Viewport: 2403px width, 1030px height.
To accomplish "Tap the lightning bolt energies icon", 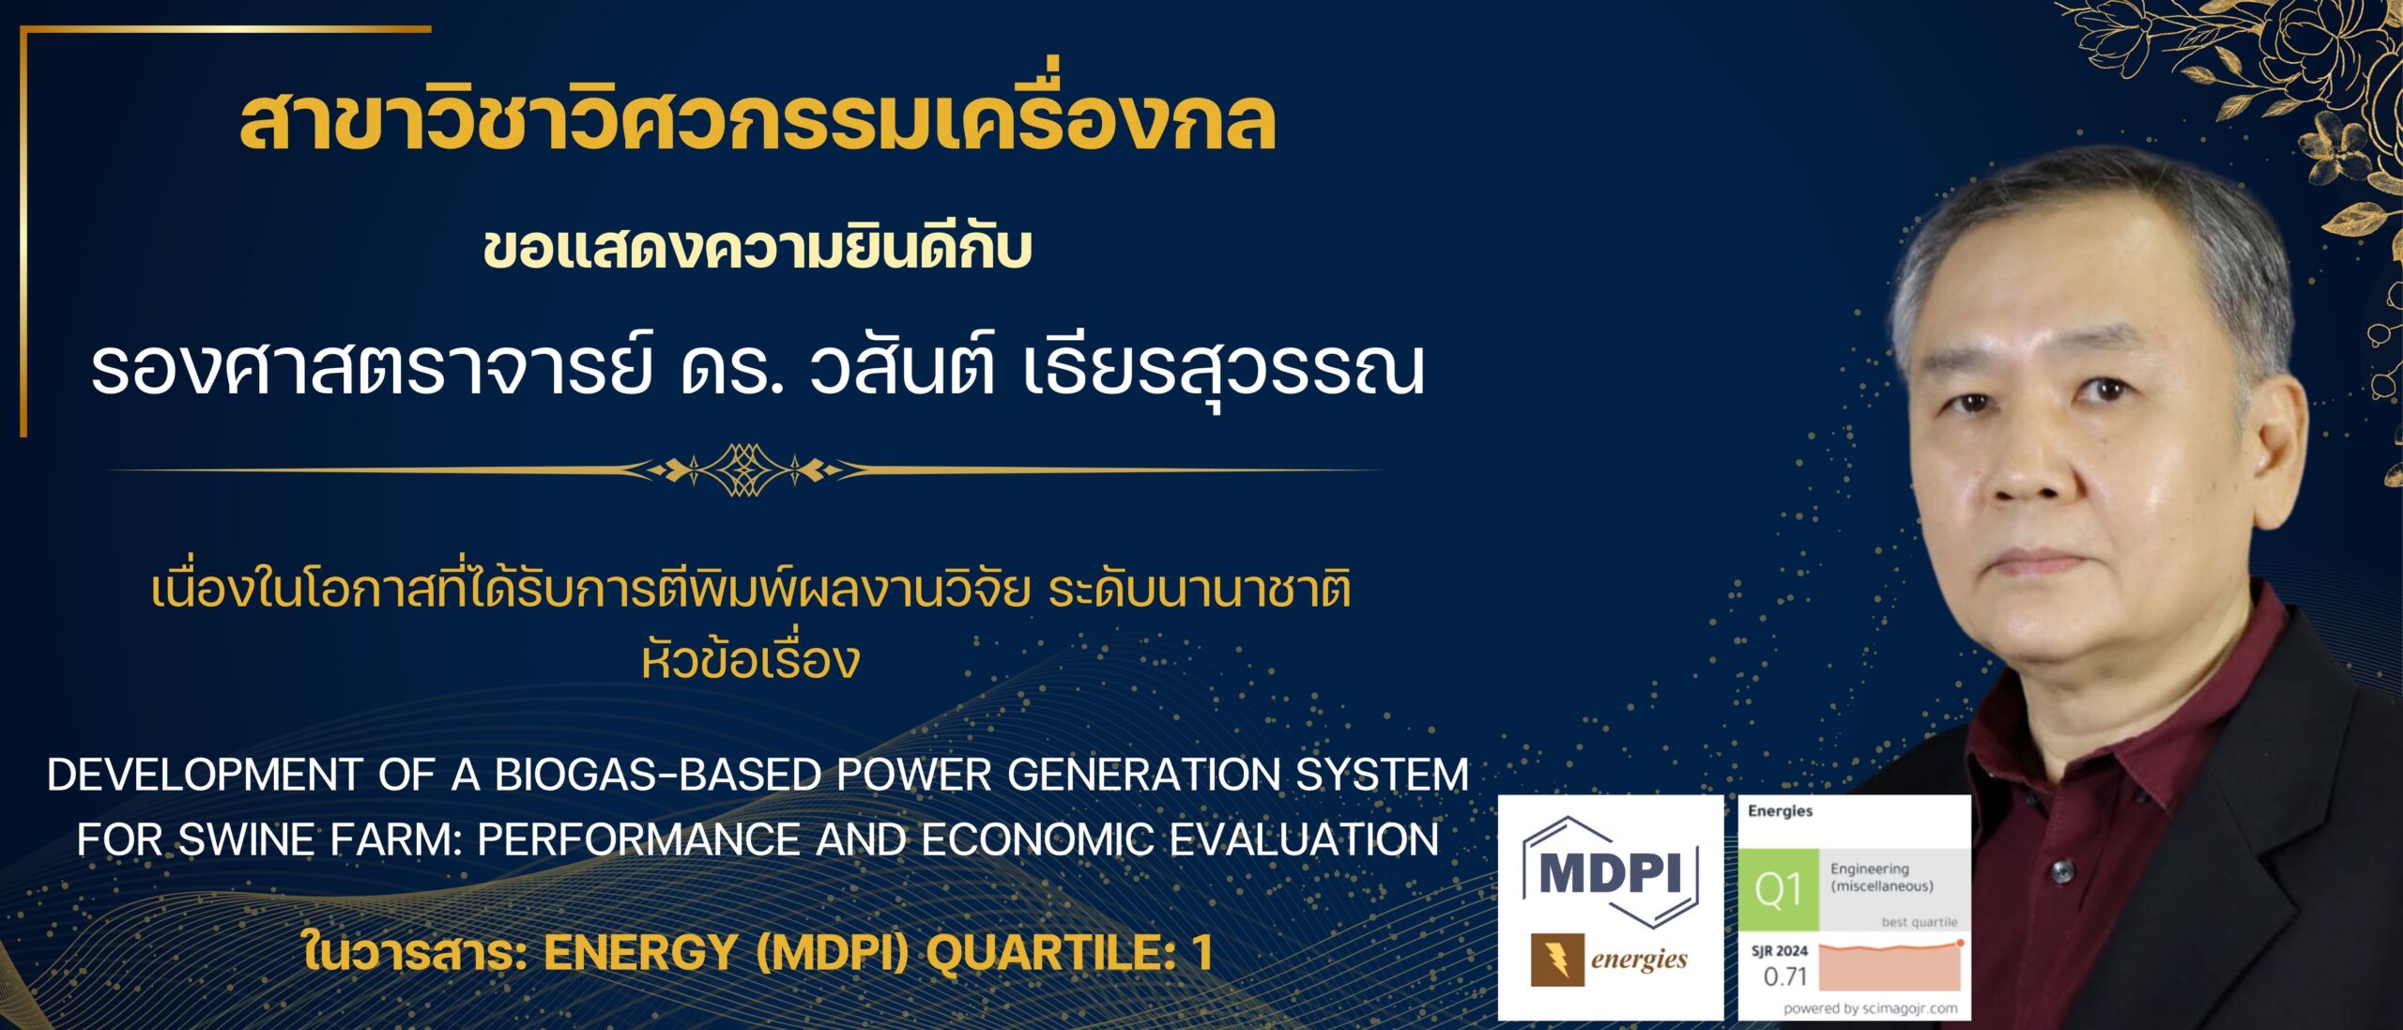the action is [1557, 960].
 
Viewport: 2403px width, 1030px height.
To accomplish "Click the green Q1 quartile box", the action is [1778, 889].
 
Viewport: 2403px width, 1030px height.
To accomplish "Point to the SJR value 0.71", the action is [1784, 976].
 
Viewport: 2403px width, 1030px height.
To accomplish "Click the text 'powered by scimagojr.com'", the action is [1870, 1008].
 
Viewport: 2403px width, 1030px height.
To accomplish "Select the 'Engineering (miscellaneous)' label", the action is [1881, 877].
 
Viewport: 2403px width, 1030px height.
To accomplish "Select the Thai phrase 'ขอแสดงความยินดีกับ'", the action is [758, 249].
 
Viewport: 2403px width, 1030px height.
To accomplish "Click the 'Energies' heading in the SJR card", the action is [1780, 810].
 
